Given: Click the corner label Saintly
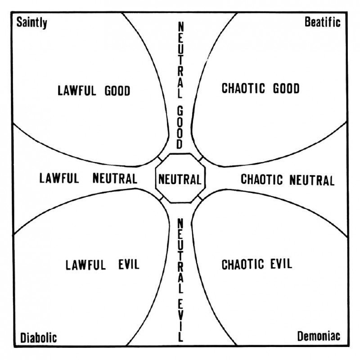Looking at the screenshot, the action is (x=31, y=23).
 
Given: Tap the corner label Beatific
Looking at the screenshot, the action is (x=322, y=22).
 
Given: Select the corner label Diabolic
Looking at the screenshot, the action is (x=38, y=338).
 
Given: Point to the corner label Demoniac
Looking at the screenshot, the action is (x=319, y=336).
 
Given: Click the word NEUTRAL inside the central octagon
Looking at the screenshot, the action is (x=180, y=179).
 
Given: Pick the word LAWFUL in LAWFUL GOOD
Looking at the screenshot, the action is (x=76, y=90).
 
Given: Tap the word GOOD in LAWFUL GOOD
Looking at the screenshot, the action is (x=117, y=90).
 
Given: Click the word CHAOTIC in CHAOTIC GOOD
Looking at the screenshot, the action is (x=243, y=88).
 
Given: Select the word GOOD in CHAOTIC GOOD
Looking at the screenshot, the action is (x=286, y=88).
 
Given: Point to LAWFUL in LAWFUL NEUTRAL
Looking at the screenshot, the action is (x=59, y=178).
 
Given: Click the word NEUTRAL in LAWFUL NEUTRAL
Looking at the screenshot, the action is (x=115, y=178).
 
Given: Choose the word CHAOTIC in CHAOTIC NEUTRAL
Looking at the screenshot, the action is (x=262, y=179).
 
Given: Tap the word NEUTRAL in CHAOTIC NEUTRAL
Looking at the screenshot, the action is (x=312, y=180).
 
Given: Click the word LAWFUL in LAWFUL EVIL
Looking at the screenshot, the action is (x=85, y=265).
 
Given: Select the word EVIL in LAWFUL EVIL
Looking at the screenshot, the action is (x=129, y=264).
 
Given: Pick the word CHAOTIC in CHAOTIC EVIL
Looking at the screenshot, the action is (x=243, y=264).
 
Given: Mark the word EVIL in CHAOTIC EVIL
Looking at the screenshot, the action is (x=281, y=264).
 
